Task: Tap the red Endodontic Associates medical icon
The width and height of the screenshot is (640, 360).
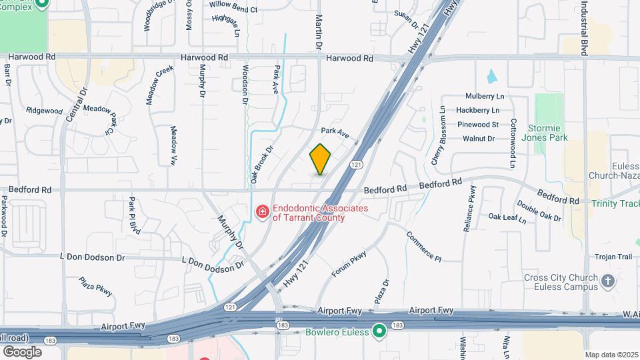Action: [263, 213]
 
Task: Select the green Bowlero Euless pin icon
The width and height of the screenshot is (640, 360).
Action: [380, 331]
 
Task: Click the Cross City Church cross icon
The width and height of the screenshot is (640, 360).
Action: [607, 281]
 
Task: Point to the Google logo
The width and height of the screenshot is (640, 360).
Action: [22, 351]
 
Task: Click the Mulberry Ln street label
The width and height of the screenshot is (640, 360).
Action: [485, 96]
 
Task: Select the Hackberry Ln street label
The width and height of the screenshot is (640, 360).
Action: [478, 110]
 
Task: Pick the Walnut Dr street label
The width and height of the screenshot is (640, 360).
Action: [479, 139]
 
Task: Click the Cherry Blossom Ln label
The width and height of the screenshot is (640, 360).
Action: [439, 135]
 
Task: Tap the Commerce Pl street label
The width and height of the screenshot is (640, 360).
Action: [424, 247]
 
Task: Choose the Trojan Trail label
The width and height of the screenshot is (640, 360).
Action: [614, 257]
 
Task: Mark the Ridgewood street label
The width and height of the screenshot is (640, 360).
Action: [44, 111]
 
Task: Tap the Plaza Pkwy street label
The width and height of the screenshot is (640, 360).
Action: [95, 287]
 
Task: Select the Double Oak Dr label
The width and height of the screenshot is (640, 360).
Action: [539, 212]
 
